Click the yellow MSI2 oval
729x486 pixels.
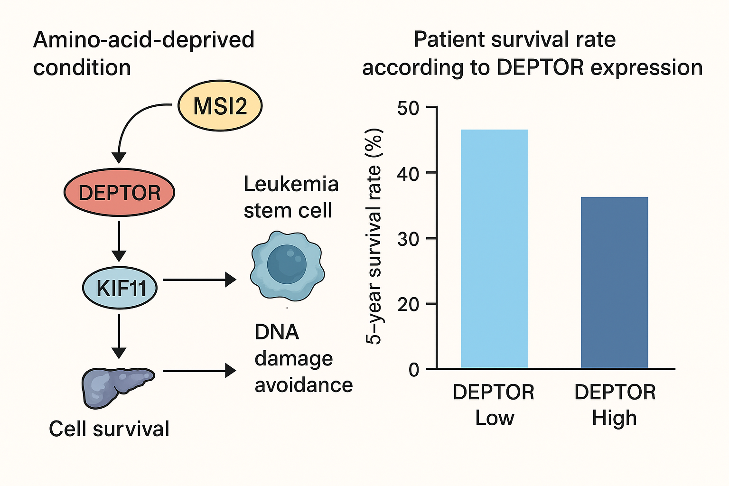(220, 106)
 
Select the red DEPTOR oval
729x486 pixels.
(119, 193)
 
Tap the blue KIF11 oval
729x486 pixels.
(120, 288)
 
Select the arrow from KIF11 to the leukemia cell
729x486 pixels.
(199, 280)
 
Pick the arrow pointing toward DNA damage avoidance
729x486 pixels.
(199, 371)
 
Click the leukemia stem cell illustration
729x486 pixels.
(287, 266)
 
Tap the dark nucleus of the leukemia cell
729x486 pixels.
(287, 264)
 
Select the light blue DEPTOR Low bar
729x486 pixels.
(494, 249)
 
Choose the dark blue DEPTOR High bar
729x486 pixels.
(614, 282)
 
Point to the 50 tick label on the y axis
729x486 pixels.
(408, 108)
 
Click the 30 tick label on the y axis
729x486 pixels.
(408, 239)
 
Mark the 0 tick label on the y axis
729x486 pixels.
(414, 370)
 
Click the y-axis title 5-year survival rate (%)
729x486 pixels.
(374, 236)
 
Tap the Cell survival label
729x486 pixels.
(109, 429)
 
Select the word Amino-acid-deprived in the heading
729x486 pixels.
(144, 40)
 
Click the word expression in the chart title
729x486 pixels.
(646, 68)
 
